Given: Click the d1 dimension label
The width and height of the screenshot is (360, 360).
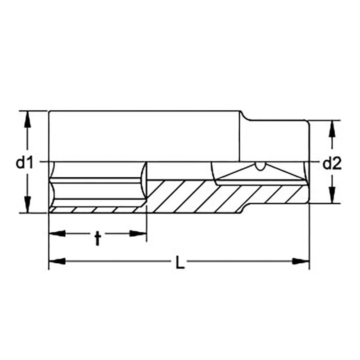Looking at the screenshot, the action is [x=25, y=162].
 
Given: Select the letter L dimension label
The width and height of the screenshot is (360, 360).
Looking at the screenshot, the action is [x=180, y=262].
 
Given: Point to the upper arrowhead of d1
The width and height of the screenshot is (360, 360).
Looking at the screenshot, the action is [x=27, y=119].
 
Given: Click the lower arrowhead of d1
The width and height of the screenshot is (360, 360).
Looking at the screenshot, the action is [x=27, y=205].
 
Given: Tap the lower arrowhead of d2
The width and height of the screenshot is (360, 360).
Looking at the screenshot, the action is [x=332, y=195].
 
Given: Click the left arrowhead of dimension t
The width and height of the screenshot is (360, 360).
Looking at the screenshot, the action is [x=58, y=234].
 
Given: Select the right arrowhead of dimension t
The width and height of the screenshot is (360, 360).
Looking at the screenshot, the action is [x=138, y=234].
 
